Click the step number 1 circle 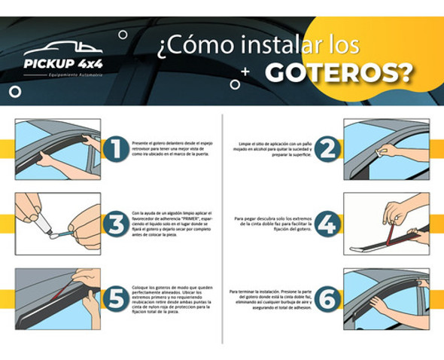(x=115, y=148)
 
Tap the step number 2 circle (x=327, y=148)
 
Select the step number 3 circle (x=115, y=224)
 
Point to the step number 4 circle (x=327, y=224)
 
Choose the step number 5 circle (x=115, y=299)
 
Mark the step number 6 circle (x=327, y=299)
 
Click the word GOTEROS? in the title (x=340, y=72)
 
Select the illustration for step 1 (x=58, y=148)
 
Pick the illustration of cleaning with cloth (x=385, y=148)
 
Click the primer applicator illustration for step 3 (x=58, y=224)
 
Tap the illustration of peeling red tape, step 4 (x=385, y=224)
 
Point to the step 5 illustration (x=58, y=298)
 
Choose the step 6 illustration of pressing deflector (x=385, y=298)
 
